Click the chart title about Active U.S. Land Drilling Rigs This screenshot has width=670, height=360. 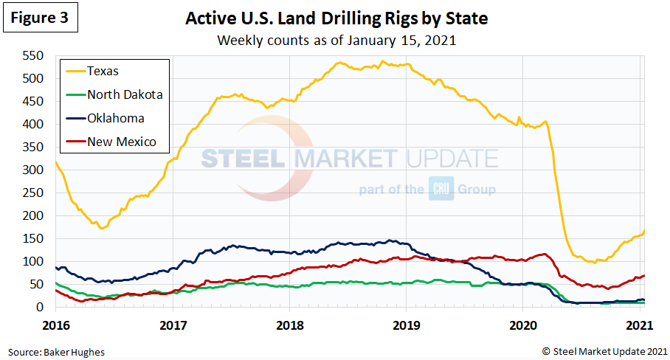(336, 18)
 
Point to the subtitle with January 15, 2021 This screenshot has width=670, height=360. (336, 40)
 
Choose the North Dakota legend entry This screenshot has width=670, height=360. (125, 94)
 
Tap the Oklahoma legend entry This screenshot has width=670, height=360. (115, 118)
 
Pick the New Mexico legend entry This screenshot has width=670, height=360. (121, 142)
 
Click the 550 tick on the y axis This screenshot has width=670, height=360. (34, 55)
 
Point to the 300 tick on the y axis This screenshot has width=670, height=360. (34, 170)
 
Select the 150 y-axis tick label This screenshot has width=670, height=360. (34, 238)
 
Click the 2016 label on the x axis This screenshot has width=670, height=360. (55, 324)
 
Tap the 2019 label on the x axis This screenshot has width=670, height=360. (407, 324)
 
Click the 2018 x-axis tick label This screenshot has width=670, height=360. (290, 324)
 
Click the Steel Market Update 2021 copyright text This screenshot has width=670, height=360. (605, 350)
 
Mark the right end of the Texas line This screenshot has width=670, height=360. (644, 232)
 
